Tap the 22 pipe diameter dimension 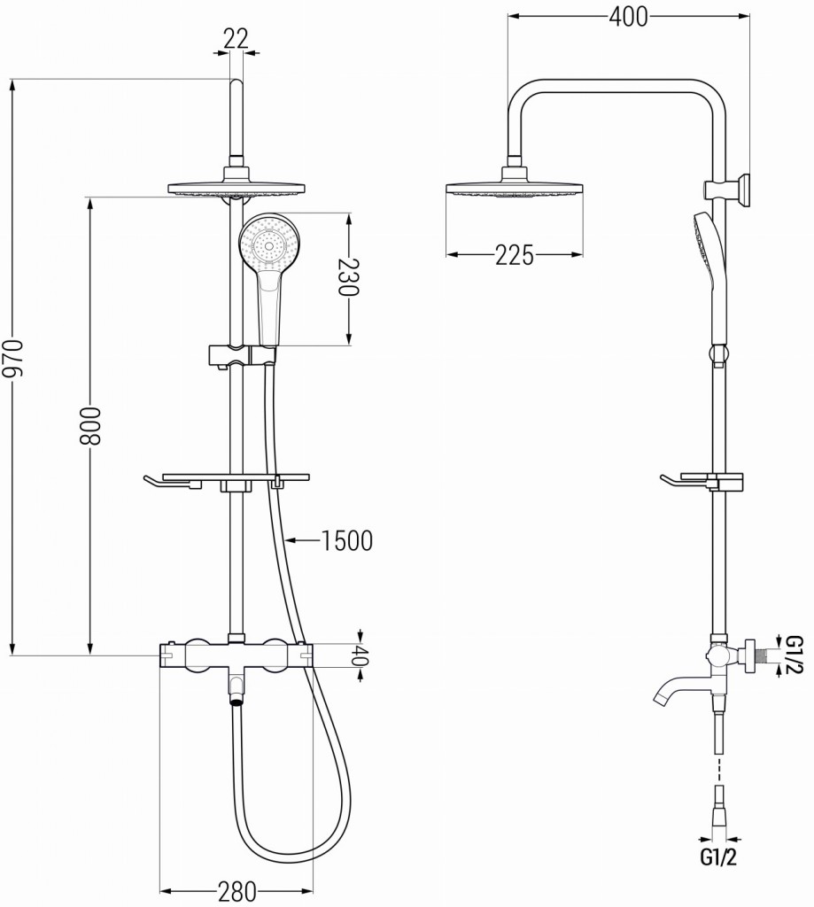[236, 38]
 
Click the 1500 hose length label [346, 539]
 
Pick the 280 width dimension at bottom [236, 889]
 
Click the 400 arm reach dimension [628, 16]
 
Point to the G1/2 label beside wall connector [795, 655]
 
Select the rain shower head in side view [514, 188]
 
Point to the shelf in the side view [703, 481]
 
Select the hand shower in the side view [713, 275]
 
